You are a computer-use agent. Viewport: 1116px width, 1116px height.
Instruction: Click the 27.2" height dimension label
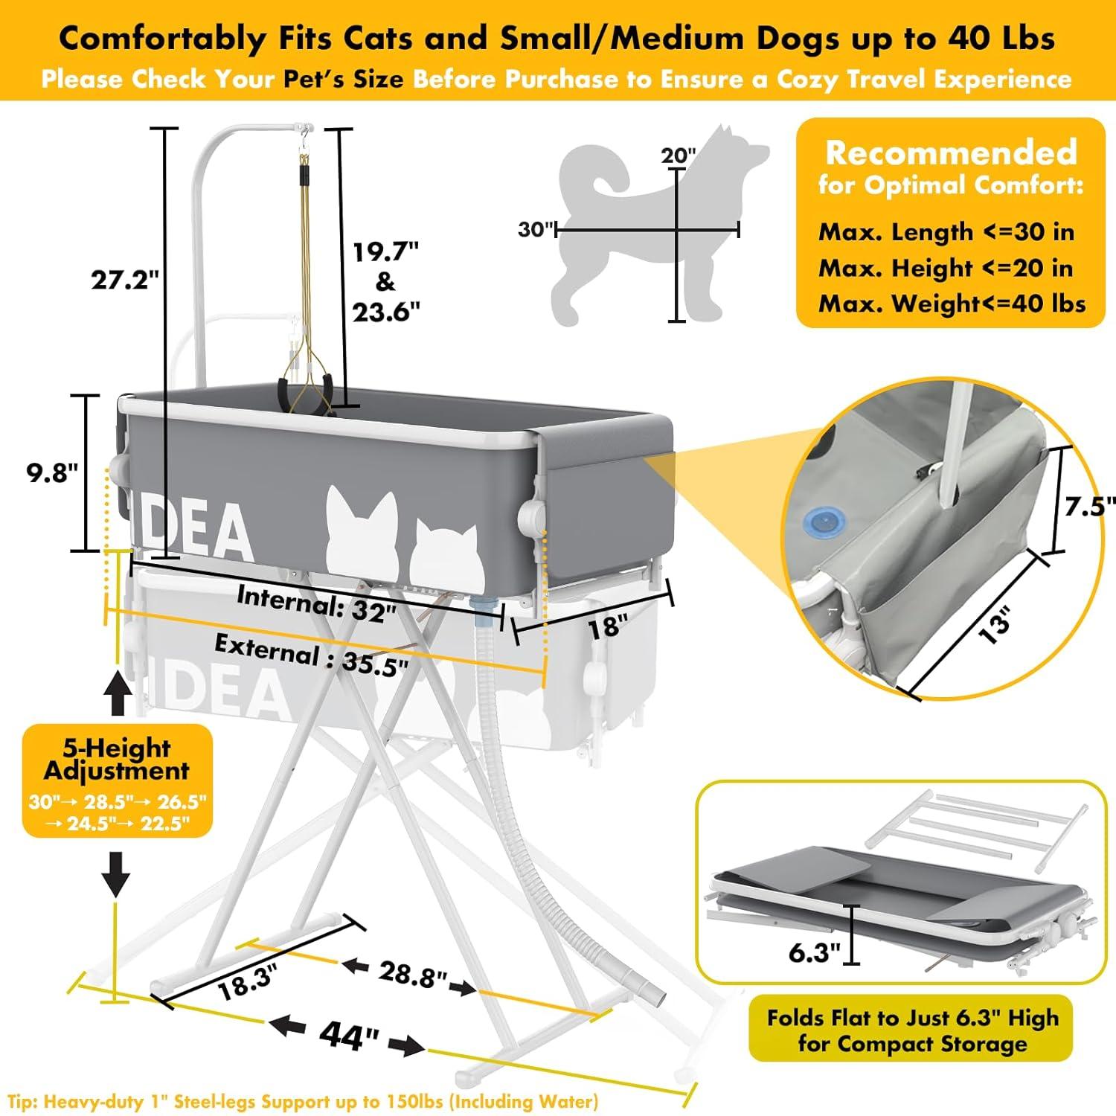pyautogui.click(x=125, y=280)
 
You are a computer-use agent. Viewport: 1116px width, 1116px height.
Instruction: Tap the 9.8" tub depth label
pyautogui.click(x=53, y=472)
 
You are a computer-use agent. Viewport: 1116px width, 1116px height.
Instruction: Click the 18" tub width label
pyautogui.click(x=605, y=626)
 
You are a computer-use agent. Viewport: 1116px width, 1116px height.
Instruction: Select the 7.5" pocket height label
pyautogui.click(x=1089, y=507)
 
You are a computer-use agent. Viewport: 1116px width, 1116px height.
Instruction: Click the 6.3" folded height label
pyautogui.click(x=814, y=952)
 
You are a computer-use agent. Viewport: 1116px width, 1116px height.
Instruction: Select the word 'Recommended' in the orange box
pyautogui.click(x=951, y=153)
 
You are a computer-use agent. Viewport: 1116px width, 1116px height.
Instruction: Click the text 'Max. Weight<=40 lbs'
pyautogui.click(x=952, y=303)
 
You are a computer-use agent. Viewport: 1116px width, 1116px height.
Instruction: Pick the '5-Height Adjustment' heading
pyautogui.click(x=117, y=758)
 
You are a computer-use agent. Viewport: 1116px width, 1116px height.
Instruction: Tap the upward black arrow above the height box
pyautogui.click(x=117, y=690)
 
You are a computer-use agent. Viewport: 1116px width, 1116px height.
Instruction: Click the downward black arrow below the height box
pyautogui.click(x=116, y=873)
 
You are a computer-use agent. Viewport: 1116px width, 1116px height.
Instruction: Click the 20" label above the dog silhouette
pyautogui.click(x=678, y=155)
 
